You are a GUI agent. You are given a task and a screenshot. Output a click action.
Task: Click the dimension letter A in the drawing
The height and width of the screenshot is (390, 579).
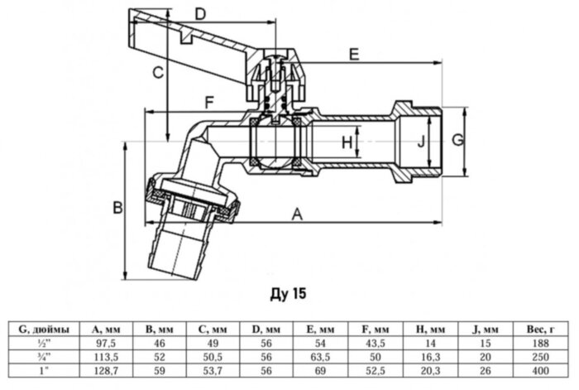point(296,214)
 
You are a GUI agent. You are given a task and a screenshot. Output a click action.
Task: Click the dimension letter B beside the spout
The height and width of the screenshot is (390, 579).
point(117,206)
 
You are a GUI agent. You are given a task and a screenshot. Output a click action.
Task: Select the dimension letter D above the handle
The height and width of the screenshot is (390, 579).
point(199,13)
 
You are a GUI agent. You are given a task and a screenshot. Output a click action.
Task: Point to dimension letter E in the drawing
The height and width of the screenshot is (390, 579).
point(354,55)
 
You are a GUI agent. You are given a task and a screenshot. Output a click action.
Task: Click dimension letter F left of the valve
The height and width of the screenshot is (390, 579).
point(209,103)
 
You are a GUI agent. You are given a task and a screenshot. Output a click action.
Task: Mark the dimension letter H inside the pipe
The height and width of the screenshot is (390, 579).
point(347,143)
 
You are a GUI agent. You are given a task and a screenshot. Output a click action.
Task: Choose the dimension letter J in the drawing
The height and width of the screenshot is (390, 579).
point(421,142)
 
